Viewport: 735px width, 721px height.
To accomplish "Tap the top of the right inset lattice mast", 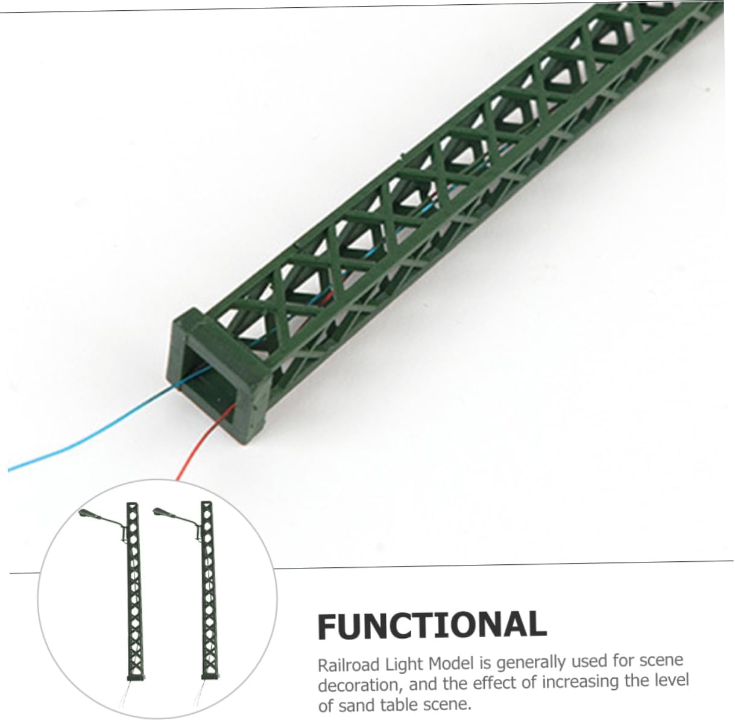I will (207, 505).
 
